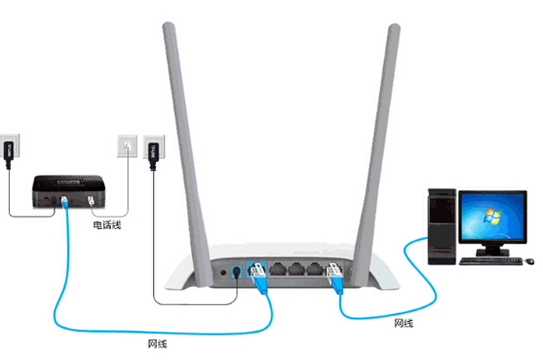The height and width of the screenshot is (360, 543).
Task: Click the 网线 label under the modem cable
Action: coord(156,344)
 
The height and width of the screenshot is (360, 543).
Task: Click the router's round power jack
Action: coord(237,270)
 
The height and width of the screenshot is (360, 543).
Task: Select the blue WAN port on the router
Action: coord(255,270)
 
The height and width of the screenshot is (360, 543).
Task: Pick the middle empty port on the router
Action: coord(295,269)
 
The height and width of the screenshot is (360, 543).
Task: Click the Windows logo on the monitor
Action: coord(492,217)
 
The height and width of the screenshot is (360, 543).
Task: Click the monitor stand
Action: coord(494,248)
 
